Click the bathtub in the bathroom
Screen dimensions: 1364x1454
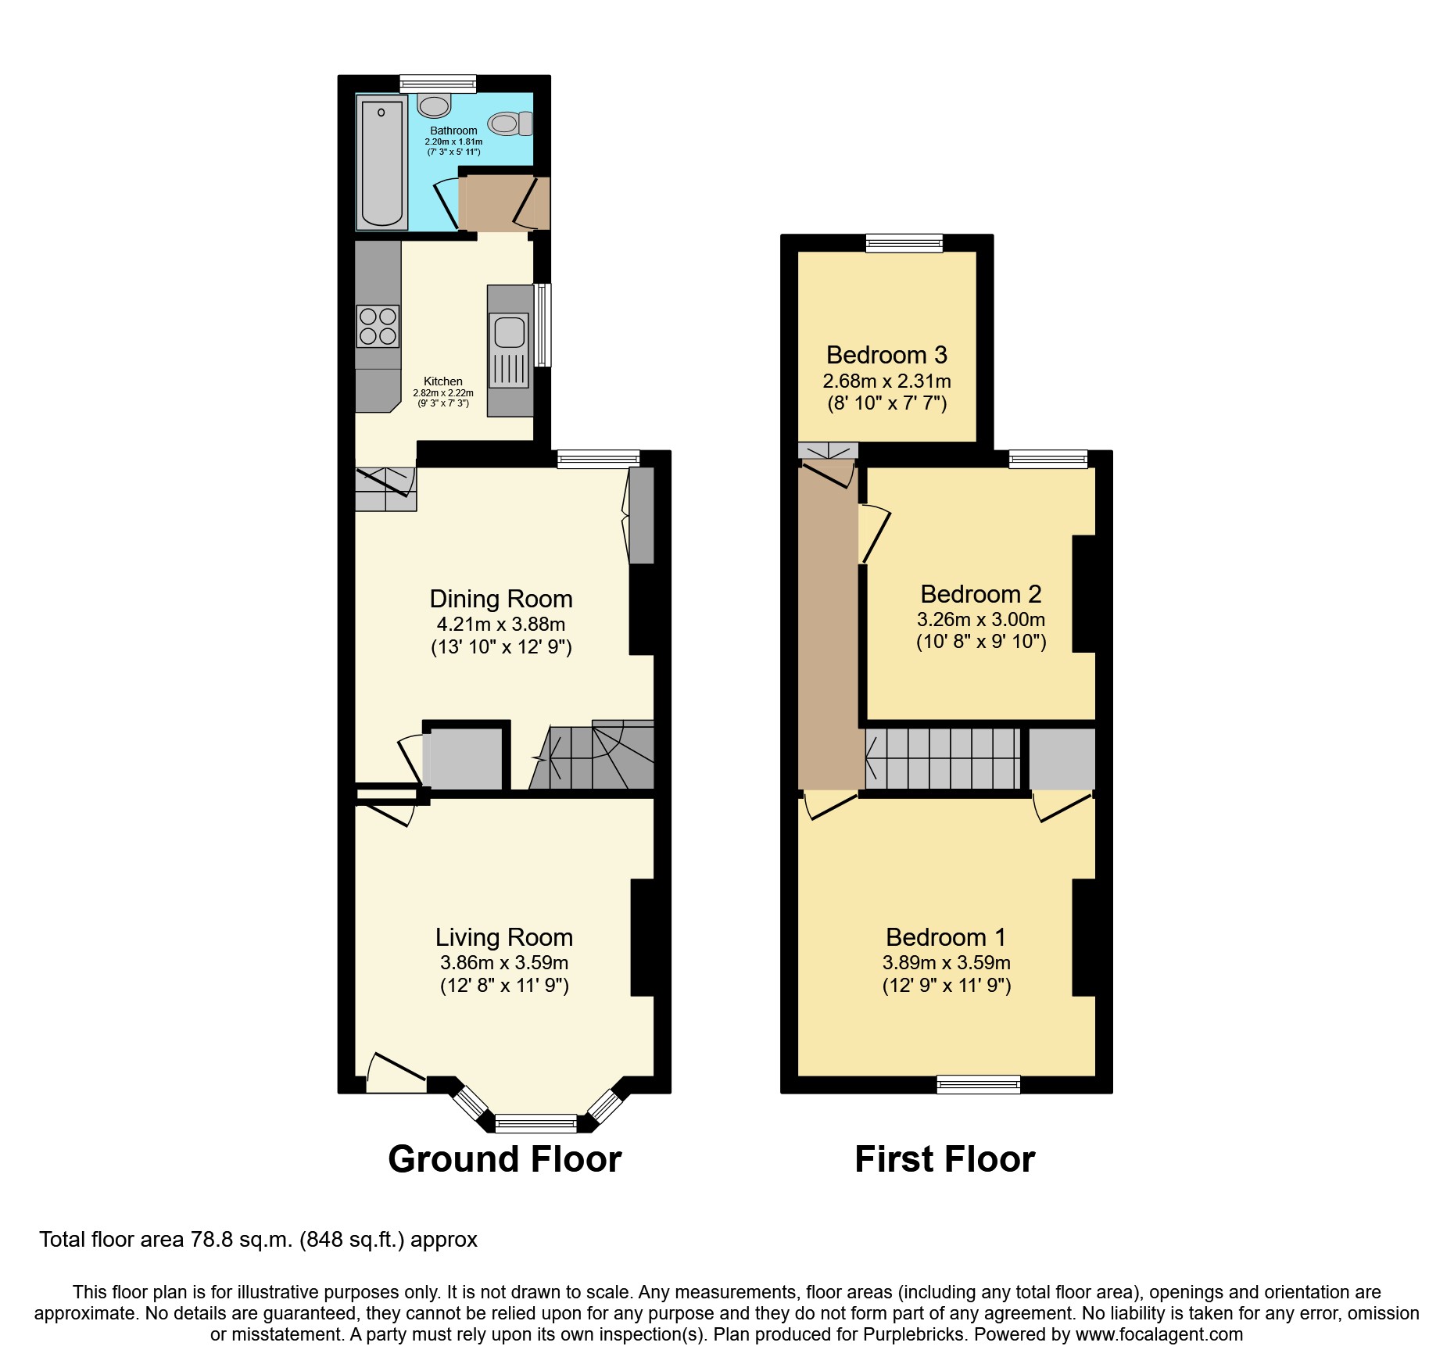point(382,163)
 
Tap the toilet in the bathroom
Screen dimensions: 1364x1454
point(510,124)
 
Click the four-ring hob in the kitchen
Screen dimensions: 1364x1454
point(378,326)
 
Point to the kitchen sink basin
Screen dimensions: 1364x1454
point(510,331)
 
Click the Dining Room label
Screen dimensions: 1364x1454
point(501,600)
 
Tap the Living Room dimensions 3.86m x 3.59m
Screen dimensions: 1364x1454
point(504,963)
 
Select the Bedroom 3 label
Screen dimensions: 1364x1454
point(886,356)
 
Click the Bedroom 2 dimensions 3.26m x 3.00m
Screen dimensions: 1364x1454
point(980,620)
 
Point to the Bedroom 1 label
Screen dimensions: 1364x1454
point(946,937)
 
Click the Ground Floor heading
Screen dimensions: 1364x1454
point(505,1159)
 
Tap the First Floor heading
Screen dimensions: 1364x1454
point(944,1159)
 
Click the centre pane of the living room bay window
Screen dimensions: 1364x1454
point(536,1124)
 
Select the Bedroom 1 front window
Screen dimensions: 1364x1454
point(979,1084)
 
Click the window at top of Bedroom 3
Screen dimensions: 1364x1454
point(904,243)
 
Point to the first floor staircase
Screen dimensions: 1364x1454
point(943,758)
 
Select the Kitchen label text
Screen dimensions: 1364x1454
point(443,381)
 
